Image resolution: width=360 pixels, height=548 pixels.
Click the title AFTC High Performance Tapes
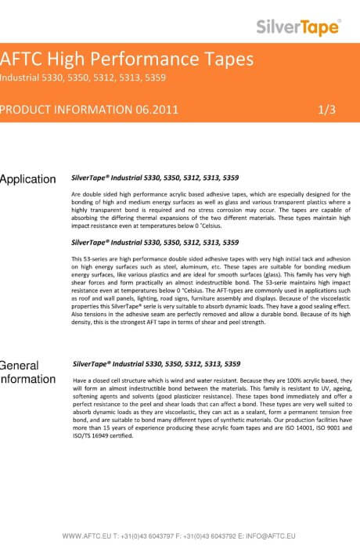128,59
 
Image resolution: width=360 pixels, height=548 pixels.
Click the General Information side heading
28,373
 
